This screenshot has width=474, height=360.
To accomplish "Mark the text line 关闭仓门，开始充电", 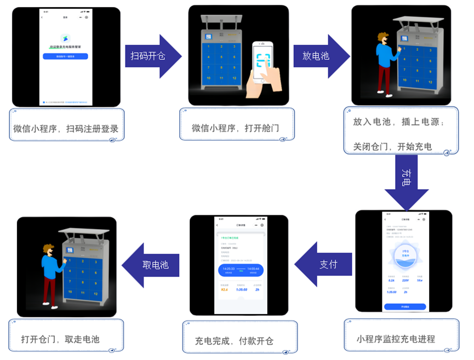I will (392, 146).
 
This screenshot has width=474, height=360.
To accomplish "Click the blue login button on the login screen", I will (65, 56).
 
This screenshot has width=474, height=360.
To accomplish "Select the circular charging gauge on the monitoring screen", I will (404, 255).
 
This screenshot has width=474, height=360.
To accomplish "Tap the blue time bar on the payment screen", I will (241, 270).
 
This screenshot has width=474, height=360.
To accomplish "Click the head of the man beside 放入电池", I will (383, 39).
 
